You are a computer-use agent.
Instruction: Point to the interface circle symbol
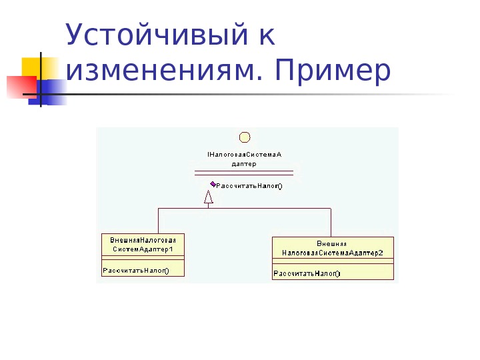[245, 137]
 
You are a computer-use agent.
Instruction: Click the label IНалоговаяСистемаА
[245, 154]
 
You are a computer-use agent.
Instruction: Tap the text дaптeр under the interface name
[244, 163]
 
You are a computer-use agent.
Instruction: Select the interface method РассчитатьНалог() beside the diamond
[249, 186]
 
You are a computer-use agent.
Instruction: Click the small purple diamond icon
[212, 184]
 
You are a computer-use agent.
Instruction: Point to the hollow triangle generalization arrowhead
[209, 197]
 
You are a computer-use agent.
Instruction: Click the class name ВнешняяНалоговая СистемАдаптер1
[143, 244]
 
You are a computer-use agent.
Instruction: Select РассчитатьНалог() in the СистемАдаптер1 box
[135, 270]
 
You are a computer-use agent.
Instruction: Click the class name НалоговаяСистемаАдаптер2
[332, 253]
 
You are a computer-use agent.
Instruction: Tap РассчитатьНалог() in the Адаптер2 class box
[307, 273]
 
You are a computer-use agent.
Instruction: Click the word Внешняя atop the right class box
[331, 243]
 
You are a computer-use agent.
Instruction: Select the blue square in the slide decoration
[53, 92]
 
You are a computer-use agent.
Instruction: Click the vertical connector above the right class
[331, 222]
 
